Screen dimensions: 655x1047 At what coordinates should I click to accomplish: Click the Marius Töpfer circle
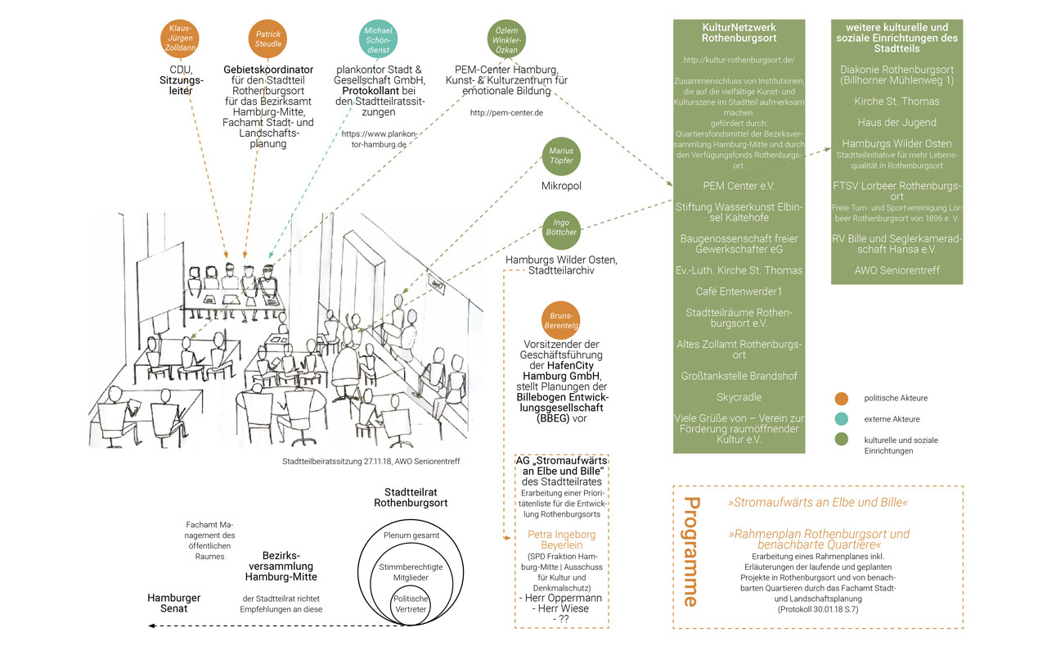coord(561,156)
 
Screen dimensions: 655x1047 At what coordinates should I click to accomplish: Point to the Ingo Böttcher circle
coord(561,231)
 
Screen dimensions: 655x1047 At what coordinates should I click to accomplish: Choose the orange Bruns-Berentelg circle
coord(561,320)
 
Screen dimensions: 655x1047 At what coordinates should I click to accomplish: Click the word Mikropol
coord(561,186)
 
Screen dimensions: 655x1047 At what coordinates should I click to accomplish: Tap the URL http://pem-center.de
coord(506,112)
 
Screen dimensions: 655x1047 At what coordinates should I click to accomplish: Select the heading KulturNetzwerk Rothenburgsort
coord(739,32)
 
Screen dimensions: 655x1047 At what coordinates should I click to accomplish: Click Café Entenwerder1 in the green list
coord(739,291)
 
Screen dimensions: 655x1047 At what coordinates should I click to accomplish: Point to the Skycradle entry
coord(739,397)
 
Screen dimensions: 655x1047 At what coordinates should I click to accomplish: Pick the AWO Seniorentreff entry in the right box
coord(896,269)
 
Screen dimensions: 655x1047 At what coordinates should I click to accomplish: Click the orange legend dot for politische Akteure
coord(842,398)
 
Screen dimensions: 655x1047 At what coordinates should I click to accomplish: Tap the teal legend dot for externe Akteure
coord(842,419)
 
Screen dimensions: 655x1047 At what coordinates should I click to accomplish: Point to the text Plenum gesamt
coord(411,535)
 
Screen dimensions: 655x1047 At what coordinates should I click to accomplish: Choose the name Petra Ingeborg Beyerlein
coord(561,540)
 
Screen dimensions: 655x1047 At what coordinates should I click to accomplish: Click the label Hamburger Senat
coord(173,603)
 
